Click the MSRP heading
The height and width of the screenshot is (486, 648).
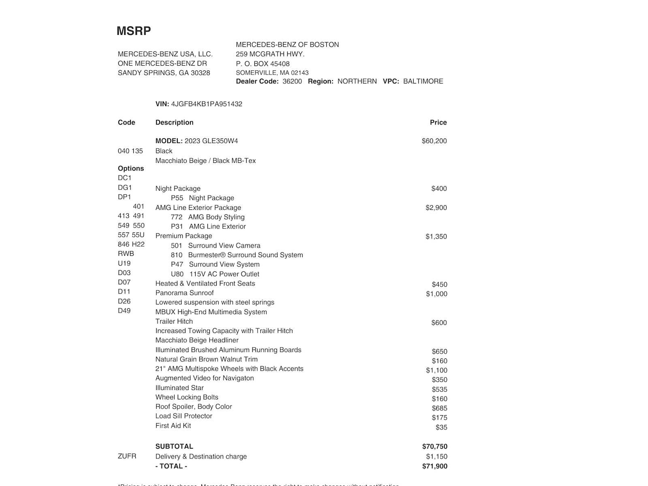(134, 31)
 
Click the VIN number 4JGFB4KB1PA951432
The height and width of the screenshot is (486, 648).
(207, 104)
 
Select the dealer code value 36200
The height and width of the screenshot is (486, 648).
(292, 81)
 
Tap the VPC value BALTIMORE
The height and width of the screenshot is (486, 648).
(423, 81)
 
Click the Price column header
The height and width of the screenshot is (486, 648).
(438, 122)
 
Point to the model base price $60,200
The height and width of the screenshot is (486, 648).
(434, 141)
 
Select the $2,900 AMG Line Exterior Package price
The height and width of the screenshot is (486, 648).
(436, 208)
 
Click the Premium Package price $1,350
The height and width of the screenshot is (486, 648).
(436, 237)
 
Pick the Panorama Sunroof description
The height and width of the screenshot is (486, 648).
(184, 293)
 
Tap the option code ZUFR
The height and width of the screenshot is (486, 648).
(127, 456)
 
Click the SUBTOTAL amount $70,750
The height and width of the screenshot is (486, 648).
(435, 446)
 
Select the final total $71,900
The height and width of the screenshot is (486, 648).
(435, 466)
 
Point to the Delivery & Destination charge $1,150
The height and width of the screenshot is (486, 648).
(437, 456)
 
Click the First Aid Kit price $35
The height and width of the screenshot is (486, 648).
(441, 427)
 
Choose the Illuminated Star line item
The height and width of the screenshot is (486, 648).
(179, 388)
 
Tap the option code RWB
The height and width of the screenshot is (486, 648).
(126, 254)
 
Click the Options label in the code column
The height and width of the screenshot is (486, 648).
(131, 168)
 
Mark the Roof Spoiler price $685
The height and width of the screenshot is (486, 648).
(439, 408)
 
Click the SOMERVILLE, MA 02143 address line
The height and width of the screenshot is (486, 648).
(272, 73)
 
